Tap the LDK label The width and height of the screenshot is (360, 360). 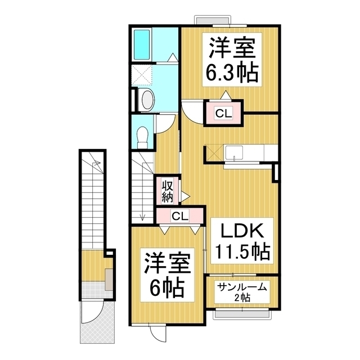pyautogui.click(x=237, y=231)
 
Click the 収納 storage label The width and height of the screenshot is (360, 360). pyautogui.click(x=167, y=191)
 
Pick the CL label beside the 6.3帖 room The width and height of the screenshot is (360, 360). pyautogui.click(x=223, y=113)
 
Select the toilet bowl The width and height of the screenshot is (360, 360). pyautogui.click(x=143, y=136)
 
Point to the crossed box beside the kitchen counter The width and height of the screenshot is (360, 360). pyautogui.click(x=214, y=152)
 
